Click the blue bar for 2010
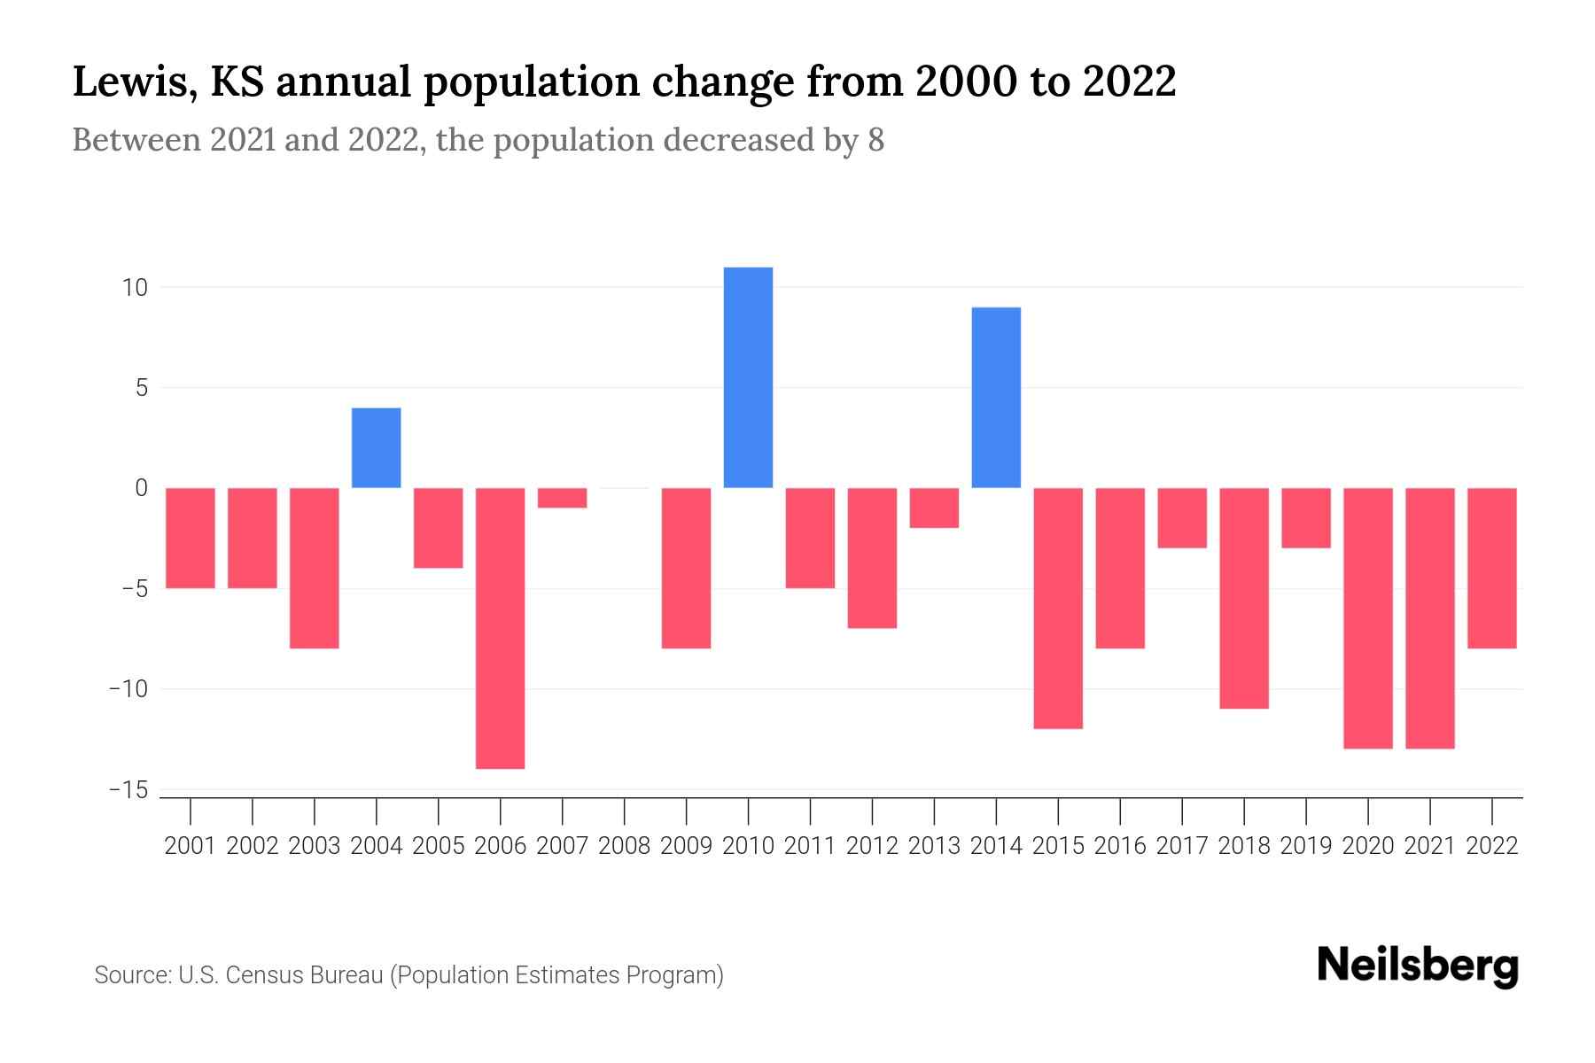(x=748, y=377)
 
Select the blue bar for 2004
(x=376, y=447)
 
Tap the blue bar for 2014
(x=996, y=398)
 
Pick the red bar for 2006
(x=500, y=628)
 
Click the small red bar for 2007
(x=562, y=498)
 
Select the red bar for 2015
(x=1058, y=608)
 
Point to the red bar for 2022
(x=1492, y=568)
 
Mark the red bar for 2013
(x=934, y=508)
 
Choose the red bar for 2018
(x=1244, y=598)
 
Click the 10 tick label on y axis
(x=136, y=288)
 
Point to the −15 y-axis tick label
(x=128, y=789)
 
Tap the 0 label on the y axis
(x=141, y=488)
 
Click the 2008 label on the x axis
(x=624, y=846)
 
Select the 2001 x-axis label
(x=191, y=846)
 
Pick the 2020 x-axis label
(x=1368, y=846)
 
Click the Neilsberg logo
(x=1418, y=966)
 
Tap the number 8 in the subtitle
(x=875, y=141)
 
